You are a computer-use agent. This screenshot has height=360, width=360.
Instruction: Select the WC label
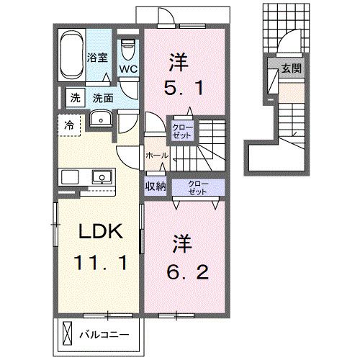click(x=128, y=70)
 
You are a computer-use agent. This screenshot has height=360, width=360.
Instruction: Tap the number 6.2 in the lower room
click(x=180, y=273)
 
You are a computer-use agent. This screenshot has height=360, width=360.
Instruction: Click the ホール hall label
click(x=157, y=156)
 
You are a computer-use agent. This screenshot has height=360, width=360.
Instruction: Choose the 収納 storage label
click(x=156, y=186)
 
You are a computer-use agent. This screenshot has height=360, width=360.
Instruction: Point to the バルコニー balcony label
click(x=104, y=335)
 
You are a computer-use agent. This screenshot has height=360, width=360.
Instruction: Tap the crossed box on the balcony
click(x=68, y=334)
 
